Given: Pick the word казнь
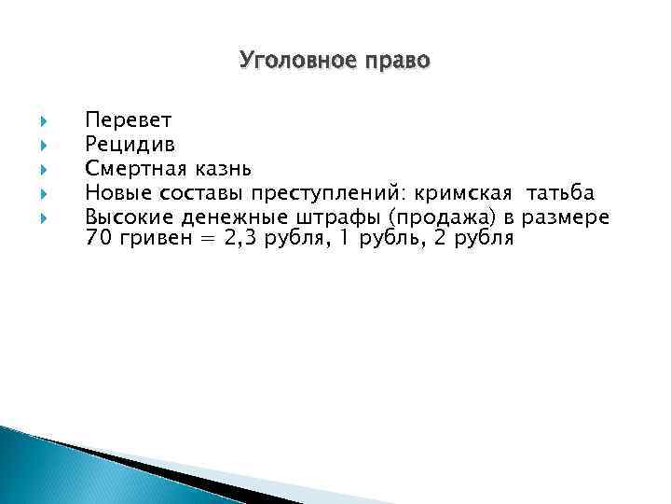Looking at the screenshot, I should pos(223,169).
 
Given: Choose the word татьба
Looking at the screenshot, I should pos(560,193).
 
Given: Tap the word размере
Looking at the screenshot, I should pos(568,217).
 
